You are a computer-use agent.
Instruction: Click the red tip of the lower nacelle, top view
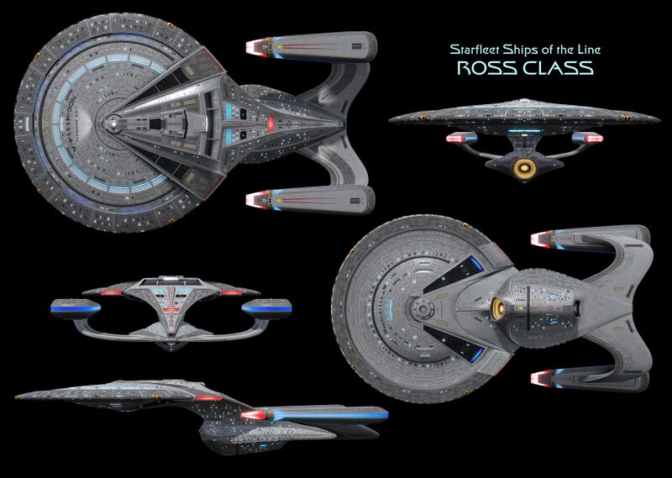[253, 200]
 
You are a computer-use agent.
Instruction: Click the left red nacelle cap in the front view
[456, 138]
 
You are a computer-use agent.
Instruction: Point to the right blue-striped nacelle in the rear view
[265, 307]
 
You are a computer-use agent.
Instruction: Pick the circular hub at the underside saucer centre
[417, 311]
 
